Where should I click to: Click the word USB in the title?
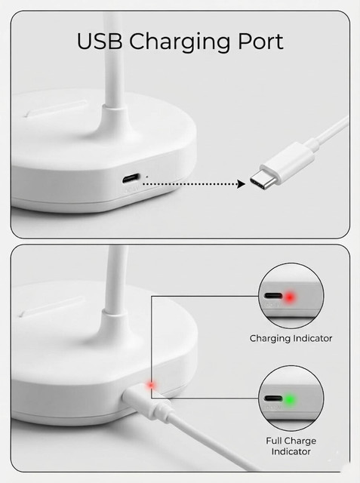pos(99,42)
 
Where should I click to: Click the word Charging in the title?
pos(180,43)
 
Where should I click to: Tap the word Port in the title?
pos(260,42)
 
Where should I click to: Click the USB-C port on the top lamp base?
pos(131,178)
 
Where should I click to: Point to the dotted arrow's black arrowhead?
pos(241,184)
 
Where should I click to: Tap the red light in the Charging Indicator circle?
pos(290,297)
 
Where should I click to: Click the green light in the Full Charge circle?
pos(290,400)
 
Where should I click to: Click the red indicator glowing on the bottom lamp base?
pos(151,385)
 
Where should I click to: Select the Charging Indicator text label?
pos(291,339)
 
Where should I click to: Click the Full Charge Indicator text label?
pos(291,446)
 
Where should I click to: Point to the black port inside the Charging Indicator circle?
pos(273,296)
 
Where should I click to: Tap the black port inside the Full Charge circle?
pos(273,398)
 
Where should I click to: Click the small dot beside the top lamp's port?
pos(146,177)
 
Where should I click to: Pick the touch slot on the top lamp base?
pos(55,108)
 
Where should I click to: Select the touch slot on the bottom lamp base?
pos(51,307)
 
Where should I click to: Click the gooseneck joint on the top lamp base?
pos(115,120)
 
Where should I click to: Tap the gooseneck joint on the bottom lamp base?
pos(115,324)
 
